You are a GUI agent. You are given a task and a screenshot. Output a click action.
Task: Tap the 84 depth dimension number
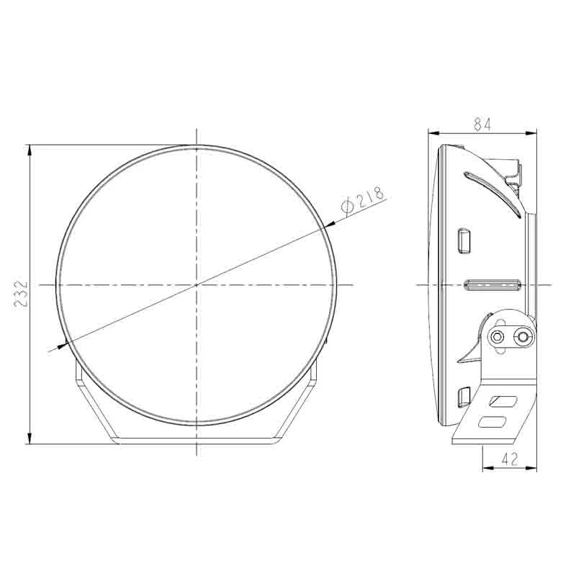coord(482,124)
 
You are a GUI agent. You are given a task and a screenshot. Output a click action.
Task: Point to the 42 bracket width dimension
coord(509,459)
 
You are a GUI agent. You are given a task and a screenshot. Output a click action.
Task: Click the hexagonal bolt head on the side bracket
coord(498,336)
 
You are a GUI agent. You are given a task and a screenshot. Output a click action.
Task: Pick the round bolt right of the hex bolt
coord(524,336)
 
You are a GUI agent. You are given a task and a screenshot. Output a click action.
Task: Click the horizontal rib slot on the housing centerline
coord(492,286)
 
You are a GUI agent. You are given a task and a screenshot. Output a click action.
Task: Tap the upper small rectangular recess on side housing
coord(464,239)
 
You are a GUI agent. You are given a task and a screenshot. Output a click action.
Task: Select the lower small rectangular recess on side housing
coord(464,398)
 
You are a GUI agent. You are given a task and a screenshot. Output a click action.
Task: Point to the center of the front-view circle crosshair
coord(196,285)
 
